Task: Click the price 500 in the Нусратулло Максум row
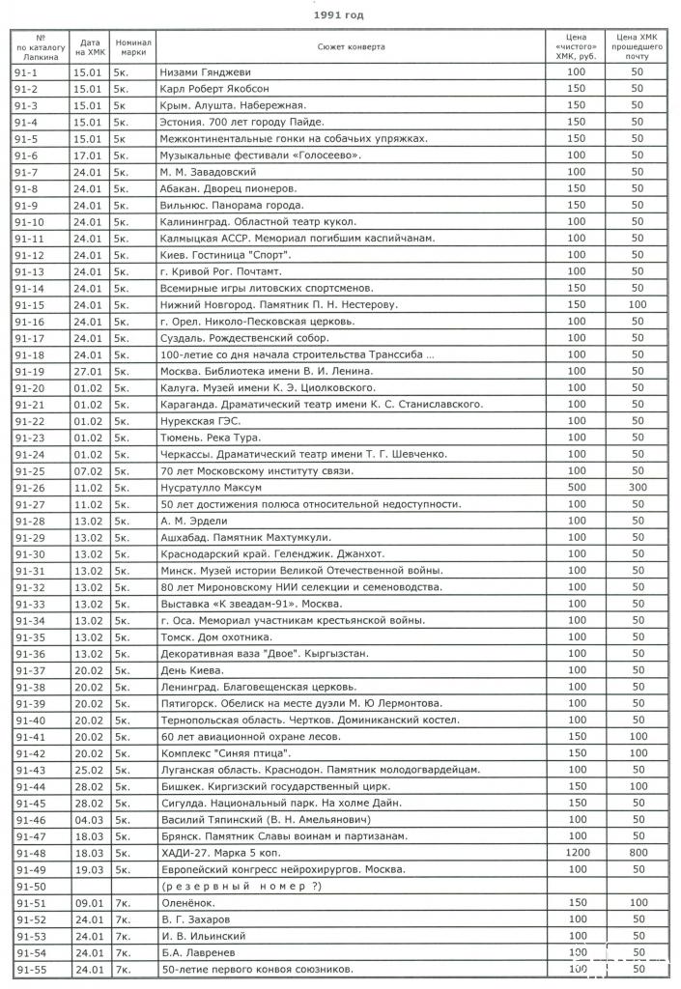click(577, 487)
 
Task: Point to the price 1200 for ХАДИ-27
click(577, 853)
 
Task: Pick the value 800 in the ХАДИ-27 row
click(637, 853)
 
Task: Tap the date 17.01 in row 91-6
click(89, 155)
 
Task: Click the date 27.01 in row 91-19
click(89, 371)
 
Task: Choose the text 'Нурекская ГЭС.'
click(200, 421)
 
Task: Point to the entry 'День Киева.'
click(192, 670)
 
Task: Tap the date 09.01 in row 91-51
click(89, 902)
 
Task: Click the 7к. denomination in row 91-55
click(123, 969)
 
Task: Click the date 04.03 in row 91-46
click(89, 819)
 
